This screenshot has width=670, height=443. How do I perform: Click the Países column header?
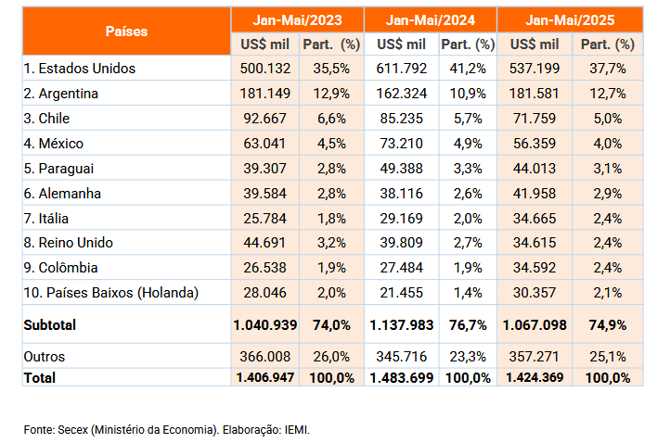pos(126,32)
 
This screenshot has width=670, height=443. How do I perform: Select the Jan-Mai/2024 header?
pos(431,20)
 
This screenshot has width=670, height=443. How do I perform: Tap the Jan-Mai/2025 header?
pos(570,20)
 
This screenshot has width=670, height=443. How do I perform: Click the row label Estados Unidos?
pos(80,69)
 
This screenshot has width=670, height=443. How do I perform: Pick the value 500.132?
pos(264,69)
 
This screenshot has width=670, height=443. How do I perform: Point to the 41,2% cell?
pos(468,69)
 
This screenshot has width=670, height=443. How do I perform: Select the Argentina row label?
pos(61,94)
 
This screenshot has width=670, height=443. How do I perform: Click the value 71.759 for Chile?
pos(535,119)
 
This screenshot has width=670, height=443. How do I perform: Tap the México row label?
pos(54,144)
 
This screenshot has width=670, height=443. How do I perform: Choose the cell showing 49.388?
pos(401,169)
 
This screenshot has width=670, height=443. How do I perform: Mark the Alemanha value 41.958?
pos(535,194)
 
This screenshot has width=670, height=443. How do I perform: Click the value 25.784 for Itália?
pos(264,219)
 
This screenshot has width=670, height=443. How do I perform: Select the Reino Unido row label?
pos(69,243)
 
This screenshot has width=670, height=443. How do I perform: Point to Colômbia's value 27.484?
pos(401,268)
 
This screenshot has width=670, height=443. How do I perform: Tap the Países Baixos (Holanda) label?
pos(111,293)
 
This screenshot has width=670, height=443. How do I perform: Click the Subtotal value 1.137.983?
pos(401,325)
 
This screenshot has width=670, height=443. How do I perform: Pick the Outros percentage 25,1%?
pos(608,357)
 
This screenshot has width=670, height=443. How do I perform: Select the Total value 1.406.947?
pos(264,378)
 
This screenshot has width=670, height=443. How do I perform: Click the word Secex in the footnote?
pos(72,430)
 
